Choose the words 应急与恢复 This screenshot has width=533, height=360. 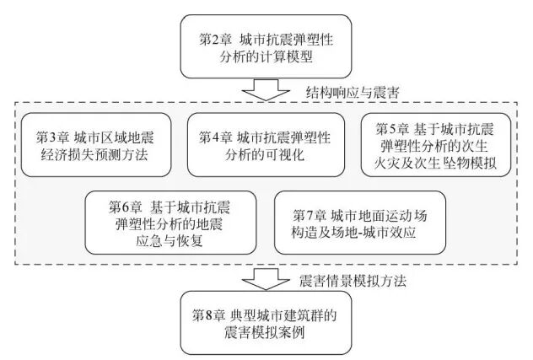(x=172, y=239)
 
